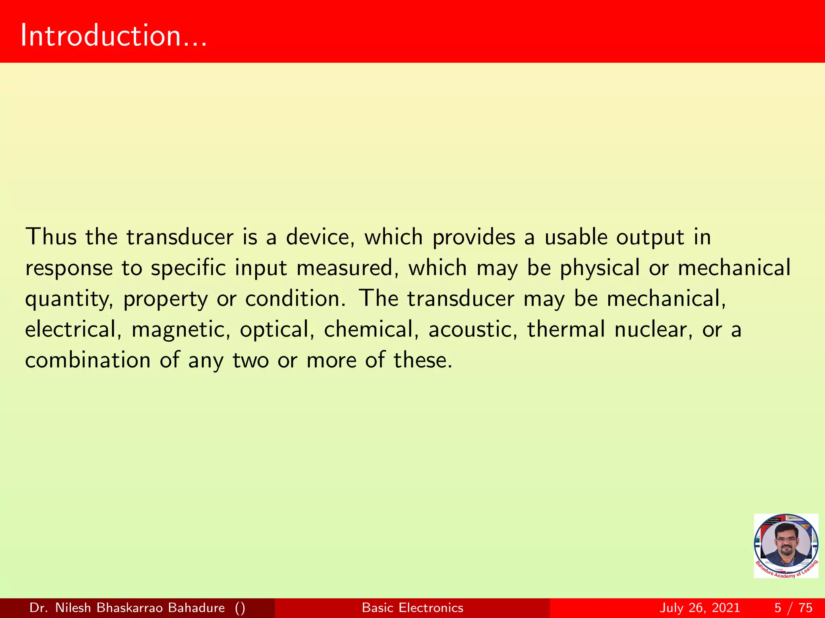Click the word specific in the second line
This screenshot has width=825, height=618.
(188, 268)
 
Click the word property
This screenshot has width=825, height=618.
(165, 299)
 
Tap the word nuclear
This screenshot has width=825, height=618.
(653, 329)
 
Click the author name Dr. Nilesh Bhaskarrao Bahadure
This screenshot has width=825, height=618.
(127, 608)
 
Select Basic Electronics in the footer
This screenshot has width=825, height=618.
(412, 608)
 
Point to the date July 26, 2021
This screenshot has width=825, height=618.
(700, 608)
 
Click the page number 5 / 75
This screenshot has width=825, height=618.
(793, 608)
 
